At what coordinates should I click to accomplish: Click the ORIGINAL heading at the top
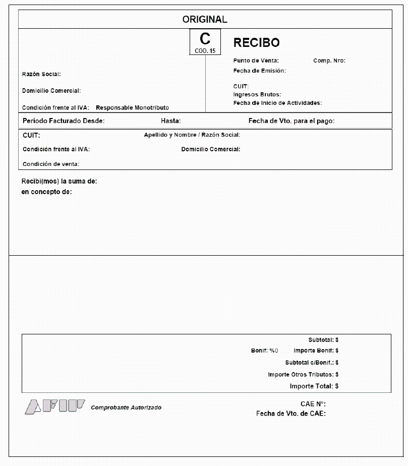pos(205,20)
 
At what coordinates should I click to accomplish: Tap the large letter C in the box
pos(205,38)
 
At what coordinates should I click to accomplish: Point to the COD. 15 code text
pos(205,51)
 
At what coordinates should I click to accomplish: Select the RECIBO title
pos(256,43)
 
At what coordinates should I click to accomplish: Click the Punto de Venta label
pos(256,61)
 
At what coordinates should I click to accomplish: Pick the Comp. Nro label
pos(329,61)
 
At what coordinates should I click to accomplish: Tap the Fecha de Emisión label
pos(259,71)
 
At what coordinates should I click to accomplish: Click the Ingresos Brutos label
pos(257,94)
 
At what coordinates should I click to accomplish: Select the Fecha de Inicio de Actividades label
pos(277,103)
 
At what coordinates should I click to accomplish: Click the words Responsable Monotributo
pos(132,108)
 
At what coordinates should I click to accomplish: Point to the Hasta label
pos(170,121)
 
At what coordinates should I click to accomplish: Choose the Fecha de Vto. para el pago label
pos(291,121)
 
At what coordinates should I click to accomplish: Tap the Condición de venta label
pos(51,164)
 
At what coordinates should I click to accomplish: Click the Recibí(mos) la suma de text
pos(59,182)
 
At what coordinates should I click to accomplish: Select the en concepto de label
pos(46,192)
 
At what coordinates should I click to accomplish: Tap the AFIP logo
pos(54,406)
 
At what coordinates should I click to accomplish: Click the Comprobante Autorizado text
pos(126,407)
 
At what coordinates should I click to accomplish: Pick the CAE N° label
pos(313,404)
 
